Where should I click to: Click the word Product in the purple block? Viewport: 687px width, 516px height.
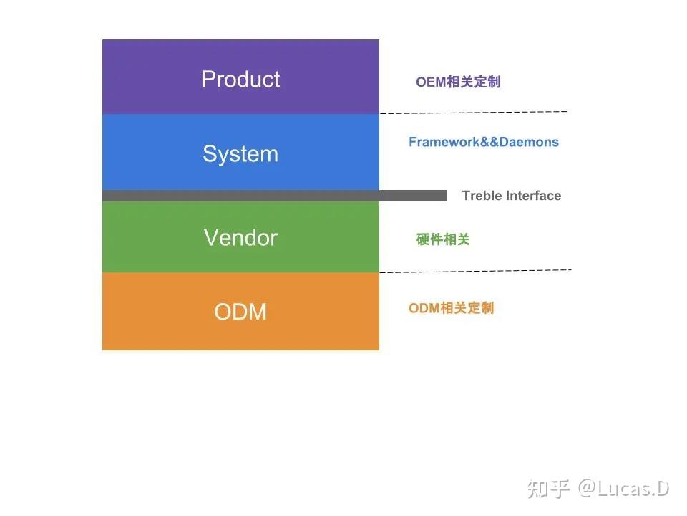click(240, 79)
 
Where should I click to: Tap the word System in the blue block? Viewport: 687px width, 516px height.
click(240, 154)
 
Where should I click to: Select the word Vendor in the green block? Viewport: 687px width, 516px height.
click(240, 237)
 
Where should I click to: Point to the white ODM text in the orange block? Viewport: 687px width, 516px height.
click(240, 312)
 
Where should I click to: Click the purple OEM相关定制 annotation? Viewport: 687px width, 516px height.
click(458, 82)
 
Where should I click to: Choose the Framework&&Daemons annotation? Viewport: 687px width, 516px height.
click(484, 142)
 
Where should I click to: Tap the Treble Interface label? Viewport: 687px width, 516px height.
click(512, 196)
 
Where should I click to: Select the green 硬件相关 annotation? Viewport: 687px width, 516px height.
click(443, 239)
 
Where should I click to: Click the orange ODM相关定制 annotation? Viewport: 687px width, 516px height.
click(452, 308)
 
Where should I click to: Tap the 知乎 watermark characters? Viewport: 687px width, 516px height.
click(549, 489)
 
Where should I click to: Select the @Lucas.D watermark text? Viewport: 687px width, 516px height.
click(624, 489)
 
